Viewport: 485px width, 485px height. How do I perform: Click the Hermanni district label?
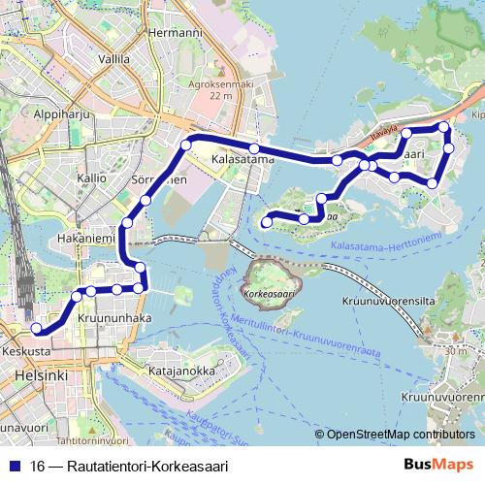(177, 32)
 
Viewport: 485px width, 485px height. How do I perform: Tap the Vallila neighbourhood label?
(113, 59)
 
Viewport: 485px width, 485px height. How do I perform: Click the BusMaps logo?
(439, 466)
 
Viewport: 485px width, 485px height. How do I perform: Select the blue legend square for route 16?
(15, 466)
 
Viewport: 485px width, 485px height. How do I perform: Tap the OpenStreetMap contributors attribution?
(400, 435)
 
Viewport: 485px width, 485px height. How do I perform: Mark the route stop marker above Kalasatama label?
(254, 147)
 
